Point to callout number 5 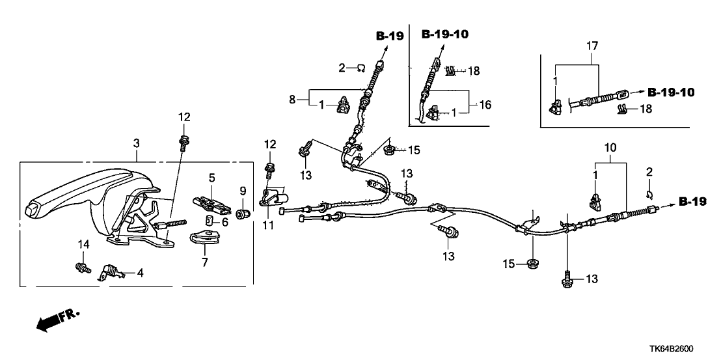pos(211,177)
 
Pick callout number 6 pos(226,222)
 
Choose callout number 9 pos(243,191)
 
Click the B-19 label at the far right pos(692,203)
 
